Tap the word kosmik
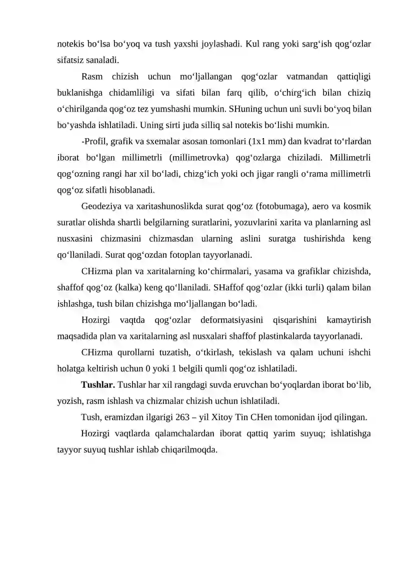357,206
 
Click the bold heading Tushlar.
98,385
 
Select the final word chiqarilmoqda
187,449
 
